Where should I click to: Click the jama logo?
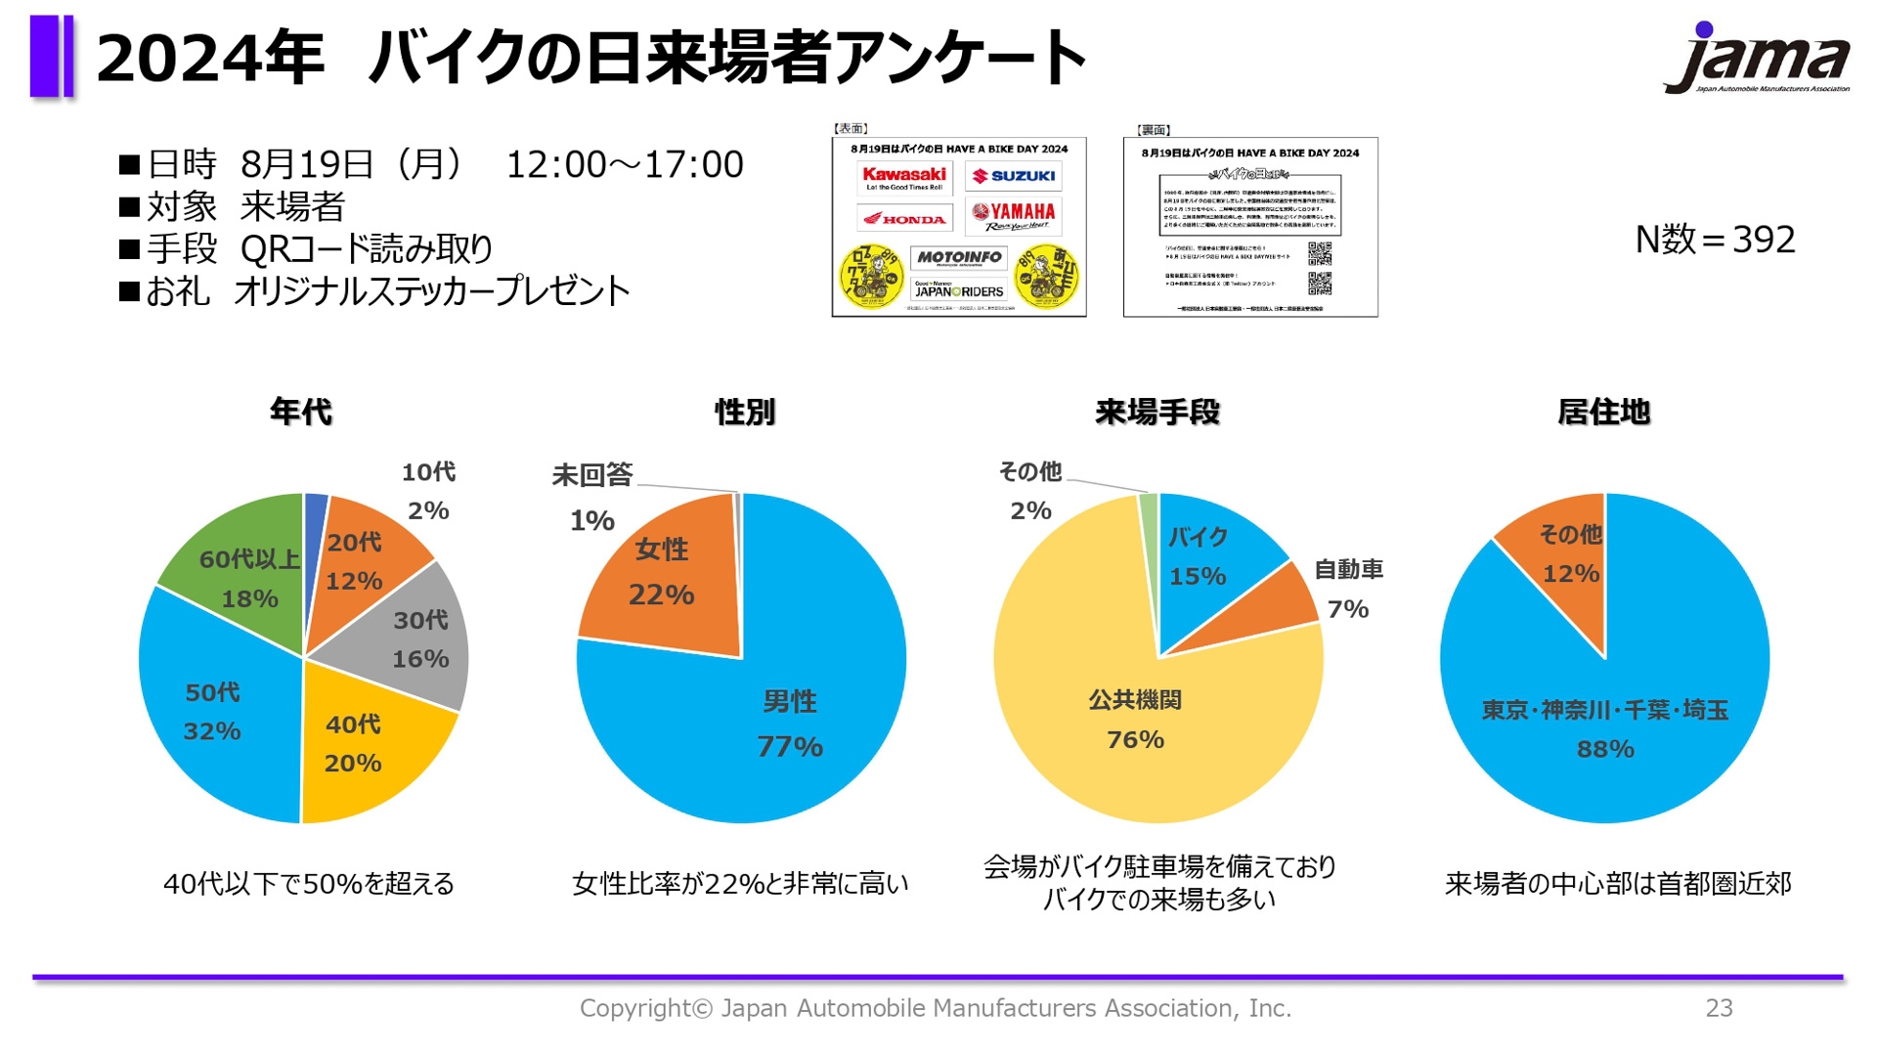point(1757,59)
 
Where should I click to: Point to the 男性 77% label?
point(790,724)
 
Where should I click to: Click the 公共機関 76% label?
point(1135,720)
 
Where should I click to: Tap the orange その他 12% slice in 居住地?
point(1564,557)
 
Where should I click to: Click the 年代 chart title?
point(301,412)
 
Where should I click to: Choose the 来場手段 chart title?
point(1157,412)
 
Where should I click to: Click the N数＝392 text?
point(1715,240)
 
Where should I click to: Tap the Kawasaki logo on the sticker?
point(904,177)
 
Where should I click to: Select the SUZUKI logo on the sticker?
point(1014,176)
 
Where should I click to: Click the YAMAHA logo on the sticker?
point(1014,214)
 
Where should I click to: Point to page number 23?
point(1719,1008)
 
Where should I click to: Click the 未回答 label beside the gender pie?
point(592,475)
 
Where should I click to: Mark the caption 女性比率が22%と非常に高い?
point(740,884)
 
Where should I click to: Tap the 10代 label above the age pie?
point(428,472)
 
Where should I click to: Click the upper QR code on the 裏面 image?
point(1320,253)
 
